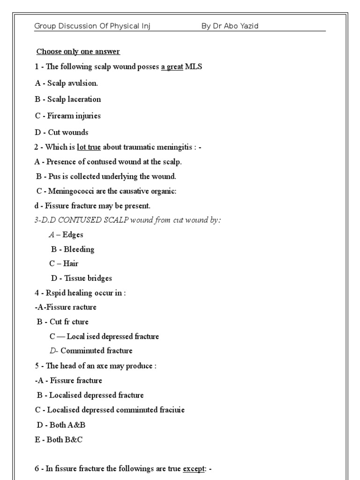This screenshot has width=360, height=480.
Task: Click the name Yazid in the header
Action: [x=248, y=26]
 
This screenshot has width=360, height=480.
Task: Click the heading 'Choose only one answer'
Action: [x=78, y=51]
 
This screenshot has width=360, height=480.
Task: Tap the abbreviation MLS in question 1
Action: [x=194, y=67]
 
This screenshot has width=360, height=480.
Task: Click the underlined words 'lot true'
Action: [x=89, y=147]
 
